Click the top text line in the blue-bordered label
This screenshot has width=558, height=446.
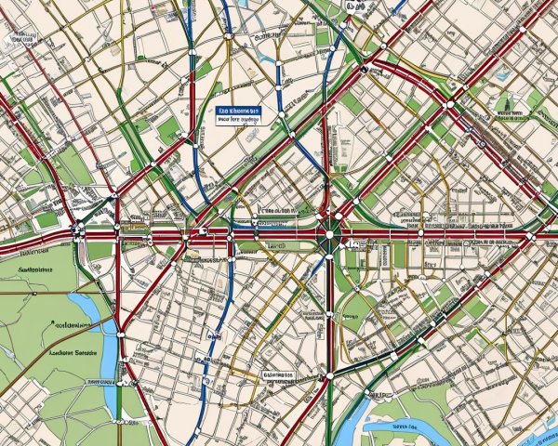coord(238,111)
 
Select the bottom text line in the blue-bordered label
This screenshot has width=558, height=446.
coord(238,120)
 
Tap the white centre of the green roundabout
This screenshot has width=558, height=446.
coord(327,240)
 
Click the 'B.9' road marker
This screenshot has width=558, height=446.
coord(354,7)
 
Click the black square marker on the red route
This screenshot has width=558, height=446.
coord(363,68)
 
